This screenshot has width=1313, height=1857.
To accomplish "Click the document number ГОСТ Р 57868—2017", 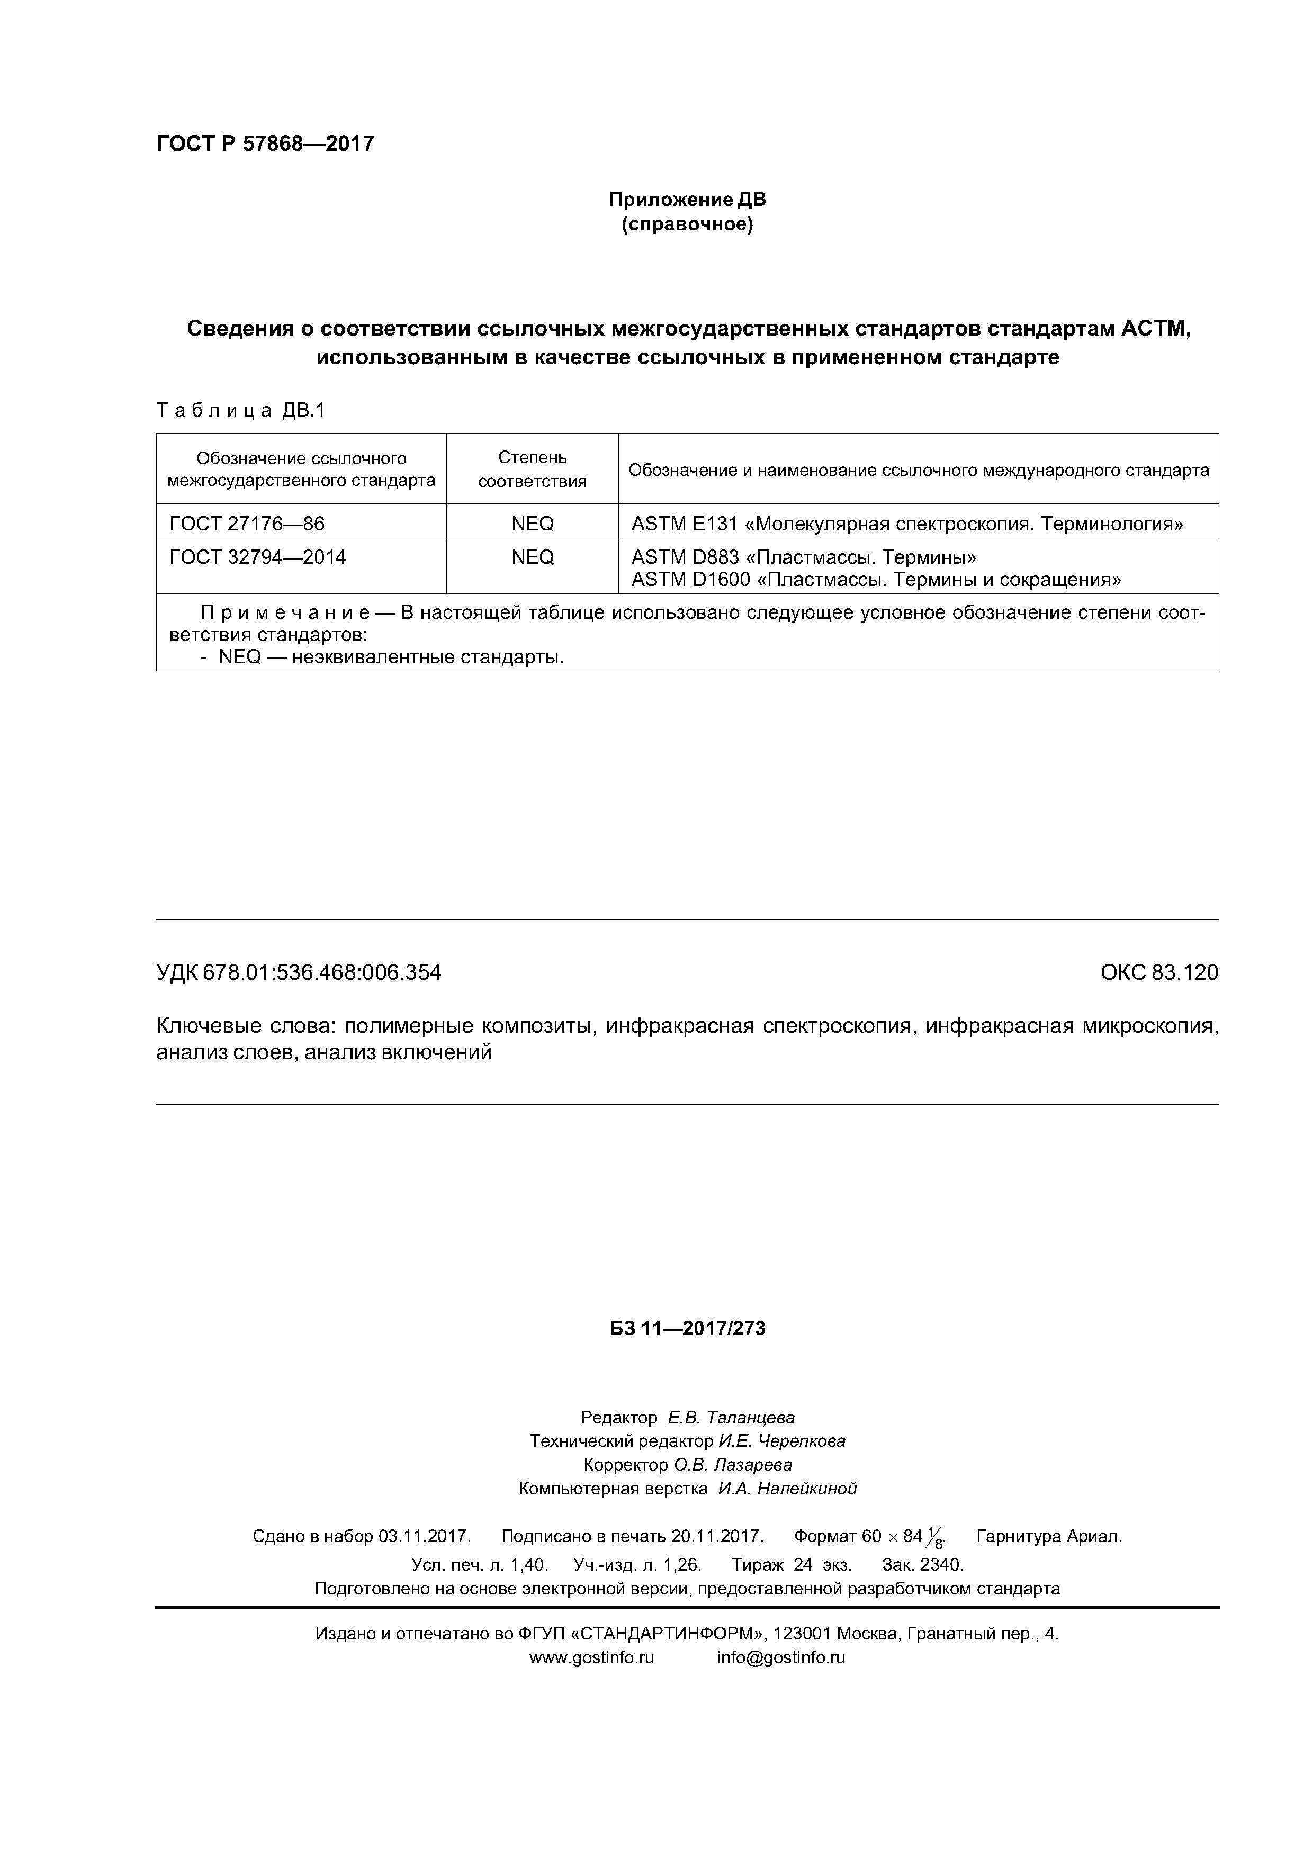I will tap(265, 144).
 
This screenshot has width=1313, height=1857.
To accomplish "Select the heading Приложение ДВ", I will tap(687, 199).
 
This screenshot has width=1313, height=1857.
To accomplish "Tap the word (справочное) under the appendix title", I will tap(687, 224).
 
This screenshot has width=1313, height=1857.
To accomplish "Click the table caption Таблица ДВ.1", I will tap(240, 411).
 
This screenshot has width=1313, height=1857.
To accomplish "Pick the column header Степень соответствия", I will tap(532, 469).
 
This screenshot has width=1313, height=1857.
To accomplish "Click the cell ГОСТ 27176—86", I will tap(246, 524).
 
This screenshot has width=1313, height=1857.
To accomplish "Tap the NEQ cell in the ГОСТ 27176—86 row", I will tap(532, 524).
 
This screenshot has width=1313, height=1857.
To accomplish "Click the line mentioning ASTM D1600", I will tap(875, 579).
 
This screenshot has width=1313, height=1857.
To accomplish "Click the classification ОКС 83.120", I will tap(1158, 972).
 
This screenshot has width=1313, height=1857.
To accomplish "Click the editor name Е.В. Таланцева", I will tap(731, 1417).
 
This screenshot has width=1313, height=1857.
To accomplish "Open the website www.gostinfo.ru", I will tap(591, 1635).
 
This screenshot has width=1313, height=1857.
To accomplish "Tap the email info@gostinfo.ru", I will tap(781, 1635).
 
